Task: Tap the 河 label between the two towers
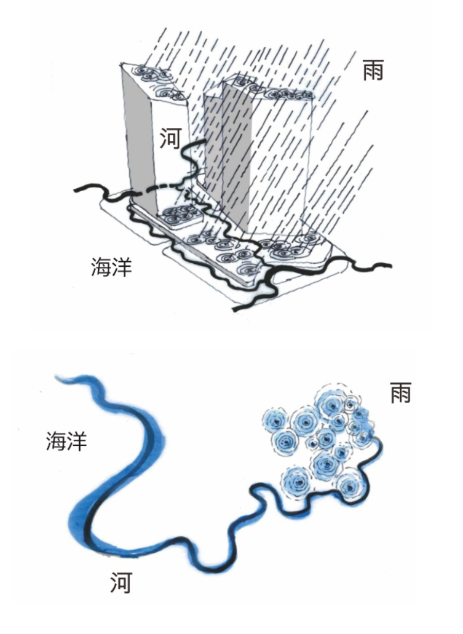170,138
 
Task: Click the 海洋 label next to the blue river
66,441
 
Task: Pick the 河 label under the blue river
121,583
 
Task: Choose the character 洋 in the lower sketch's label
77,441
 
